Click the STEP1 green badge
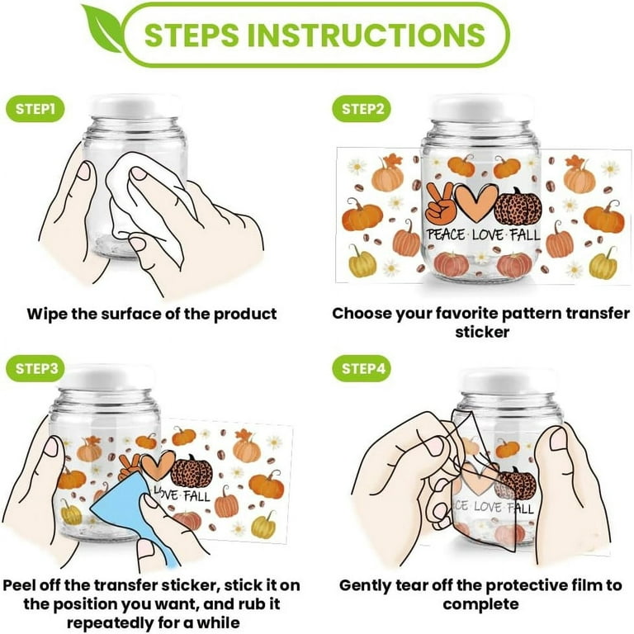(x=35, y=109)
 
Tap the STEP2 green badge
(x=362, y=109)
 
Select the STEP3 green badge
(x=35, y=368)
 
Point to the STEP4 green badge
(x=362, y=368)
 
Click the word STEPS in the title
(x=192, y=35)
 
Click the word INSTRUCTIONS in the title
(x=367, y=35)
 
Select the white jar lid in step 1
(x=135, y=106)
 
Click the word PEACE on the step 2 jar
(x=447, y=235)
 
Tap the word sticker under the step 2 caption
(x=482, y=332)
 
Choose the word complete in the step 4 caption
(x=481, y=604)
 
